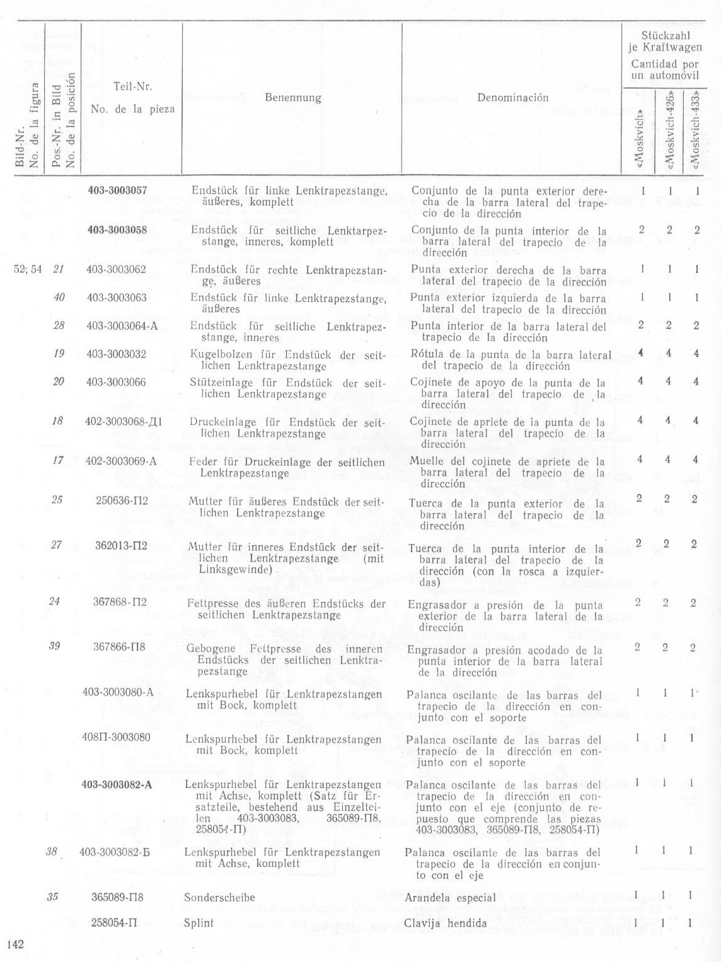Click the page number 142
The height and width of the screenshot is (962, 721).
pos(15,944)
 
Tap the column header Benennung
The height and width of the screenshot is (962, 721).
pos(292,98)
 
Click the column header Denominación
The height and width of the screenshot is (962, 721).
pos(512,98)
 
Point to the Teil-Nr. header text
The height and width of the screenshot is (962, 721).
pos(132,87)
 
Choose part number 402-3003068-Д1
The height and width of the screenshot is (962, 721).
pos(124,422)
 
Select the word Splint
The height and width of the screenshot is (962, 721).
pos(199,923)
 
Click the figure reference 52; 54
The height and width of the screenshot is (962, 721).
pos(28,270)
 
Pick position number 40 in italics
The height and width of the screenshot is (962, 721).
pos(59,297)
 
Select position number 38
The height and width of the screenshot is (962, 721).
pos(52,851)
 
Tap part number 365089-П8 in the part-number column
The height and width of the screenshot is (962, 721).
pos(118,897)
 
